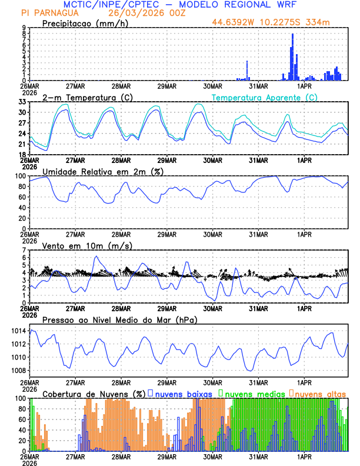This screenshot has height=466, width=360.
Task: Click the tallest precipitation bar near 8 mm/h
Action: [292, 56]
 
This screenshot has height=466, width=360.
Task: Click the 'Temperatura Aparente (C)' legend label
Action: [264, 97]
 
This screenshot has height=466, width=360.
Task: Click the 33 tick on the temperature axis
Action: [22, 102]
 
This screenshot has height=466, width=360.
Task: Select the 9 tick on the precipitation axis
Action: [24, 28]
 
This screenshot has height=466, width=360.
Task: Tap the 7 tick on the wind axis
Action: [24, 250]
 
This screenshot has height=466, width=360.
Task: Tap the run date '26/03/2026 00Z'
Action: [140, 12]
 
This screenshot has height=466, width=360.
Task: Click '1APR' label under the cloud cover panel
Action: [304, 457]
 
